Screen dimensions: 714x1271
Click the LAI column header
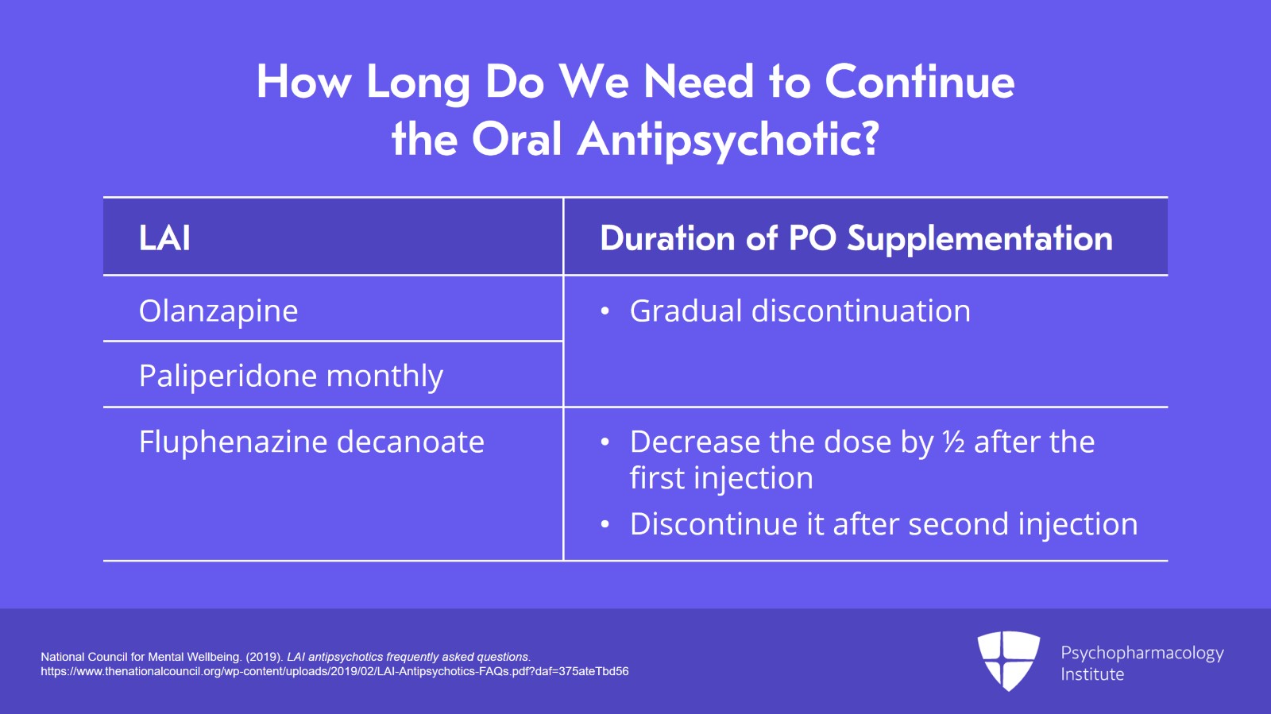pos(164,238)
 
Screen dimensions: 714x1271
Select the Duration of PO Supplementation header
pos(856,238)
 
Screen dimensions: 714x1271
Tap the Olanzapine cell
pos(218,311)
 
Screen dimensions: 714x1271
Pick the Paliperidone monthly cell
pos(291,376)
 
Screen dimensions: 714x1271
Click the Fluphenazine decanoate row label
pos(311,442)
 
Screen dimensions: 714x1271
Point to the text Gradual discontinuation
pos(800,311)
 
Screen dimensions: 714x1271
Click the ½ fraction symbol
pos(953,442)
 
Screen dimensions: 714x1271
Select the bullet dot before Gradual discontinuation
pos(605,312)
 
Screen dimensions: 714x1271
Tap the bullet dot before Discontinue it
pos(605,525)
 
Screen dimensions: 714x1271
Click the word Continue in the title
pos(919,82)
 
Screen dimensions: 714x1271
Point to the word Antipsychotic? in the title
pos(728,140)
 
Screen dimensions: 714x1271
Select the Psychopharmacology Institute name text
pos(1142,663)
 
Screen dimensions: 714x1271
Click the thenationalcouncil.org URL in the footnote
pos(334,671)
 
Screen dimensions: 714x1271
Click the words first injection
pos(720,479)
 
